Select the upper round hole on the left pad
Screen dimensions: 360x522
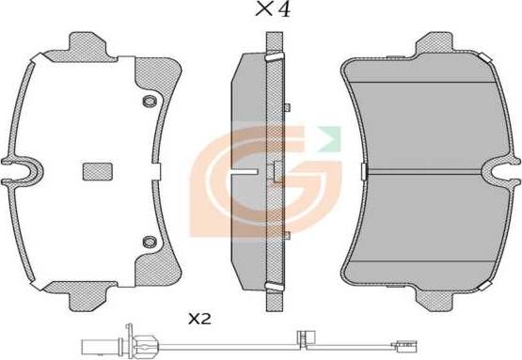[146, 102]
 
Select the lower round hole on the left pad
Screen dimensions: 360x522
[146, 243]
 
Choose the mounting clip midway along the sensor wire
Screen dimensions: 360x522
[303, 335]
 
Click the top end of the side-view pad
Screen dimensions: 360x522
[274, 42]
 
